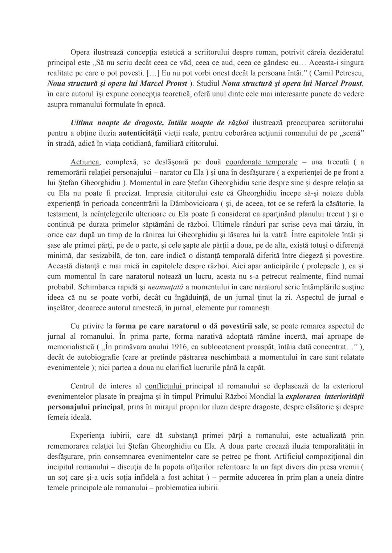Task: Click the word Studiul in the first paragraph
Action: (208, 83)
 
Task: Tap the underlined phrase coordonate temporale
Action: (261, 162)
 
